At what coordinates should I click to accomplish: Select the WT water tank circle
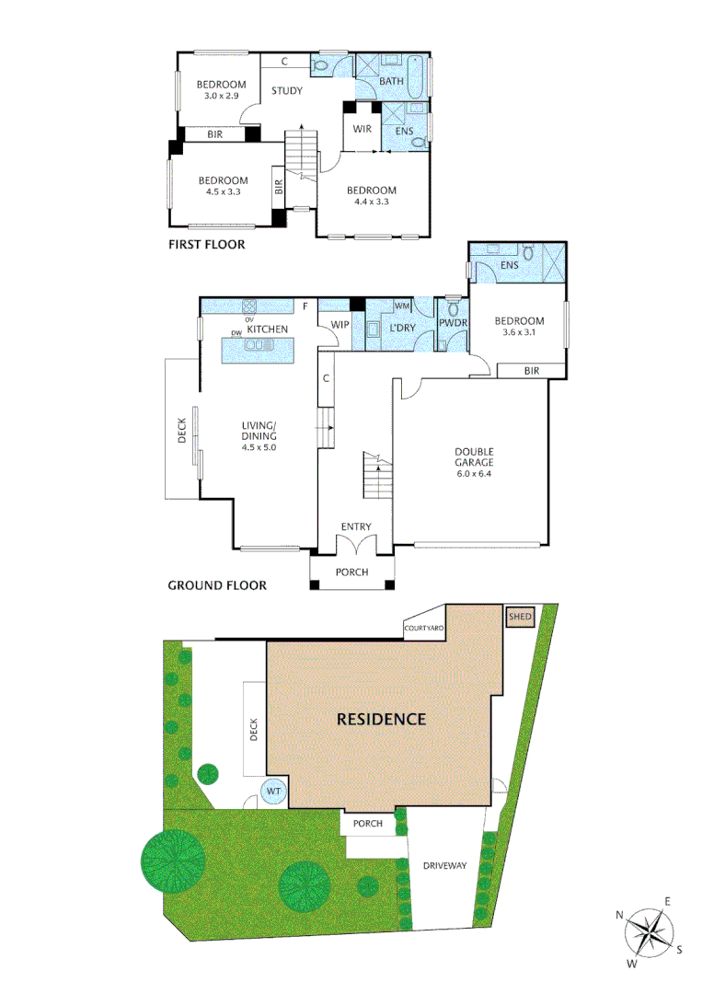(x=274, y=791)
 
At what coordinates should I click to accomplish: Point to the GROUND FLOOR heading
(x=217, y=584)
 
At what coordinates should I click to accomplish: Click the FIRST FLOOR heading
(x=206, y=246)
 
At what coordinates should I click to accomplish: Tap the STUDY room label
(x=287, y=90)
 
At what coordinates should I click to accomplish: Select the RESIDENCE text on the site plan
(x=381, y=719)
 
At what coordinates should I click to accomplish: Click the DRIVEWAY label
(x=445, y=866)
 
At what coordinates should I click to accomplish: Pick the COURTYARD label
(x=424, y=628)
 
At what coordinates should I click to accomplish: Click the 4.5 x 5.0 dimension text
(x=259, y=447)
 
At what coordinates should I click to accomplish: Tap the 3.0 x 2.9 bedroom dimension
(x=220, y=96)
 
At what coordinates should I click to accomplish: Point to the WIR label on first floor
(x=362, y=129)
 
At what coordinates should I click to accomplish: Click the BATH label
(x=392, y=83)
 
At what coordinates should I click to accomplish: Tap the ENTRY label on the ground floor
(x=355, y=526)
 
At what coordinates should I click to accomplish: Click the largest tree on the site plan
(x=173, y=860)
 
